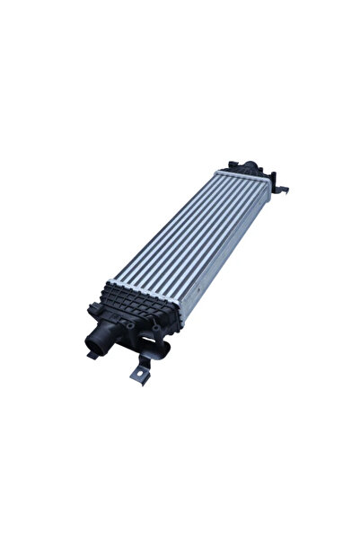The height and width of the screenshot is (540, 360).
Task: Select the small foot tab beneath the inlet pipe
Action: pos(92,354)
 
